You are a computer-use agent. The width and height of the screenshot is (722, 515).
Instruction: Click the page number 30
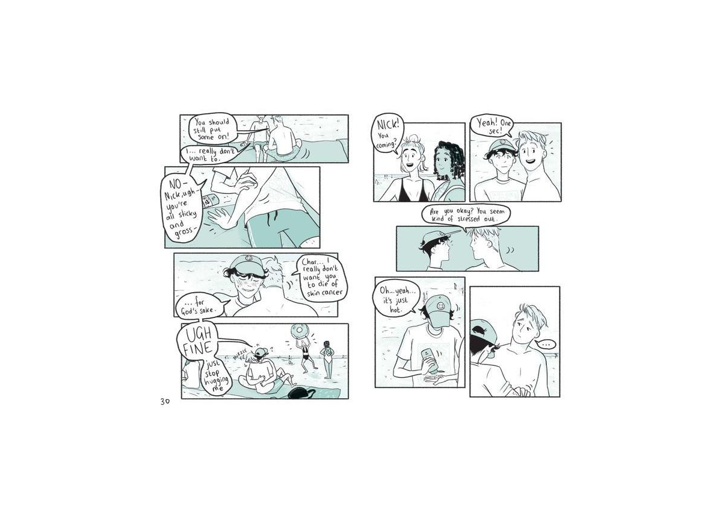(165, 402)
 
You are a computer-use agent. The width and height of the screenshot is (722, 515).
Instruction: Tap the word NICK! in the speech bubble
(388, 124)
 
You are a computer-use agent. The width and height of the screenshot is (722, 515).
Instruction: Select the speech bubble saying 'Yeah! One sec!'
(491, 126)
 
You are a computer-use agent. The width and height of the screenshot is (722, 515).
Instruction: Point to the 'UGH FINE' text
(197, 342)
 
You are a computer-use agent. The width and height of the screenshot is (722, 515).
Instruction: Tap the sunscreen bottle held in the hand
(428, 361)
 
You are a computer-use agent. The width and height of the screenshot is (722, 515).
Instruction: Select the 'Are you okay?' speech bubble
(466, 215)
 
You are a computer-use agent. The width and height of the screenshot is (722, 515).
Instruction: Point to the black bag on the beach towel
(302, 393)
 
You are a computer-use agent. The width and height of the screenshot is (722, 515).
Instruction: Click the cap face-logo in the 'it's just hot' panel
(440, 305)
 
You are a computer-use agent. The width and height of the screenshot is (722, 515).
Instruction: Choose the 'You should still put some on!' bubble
(212, 130)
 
